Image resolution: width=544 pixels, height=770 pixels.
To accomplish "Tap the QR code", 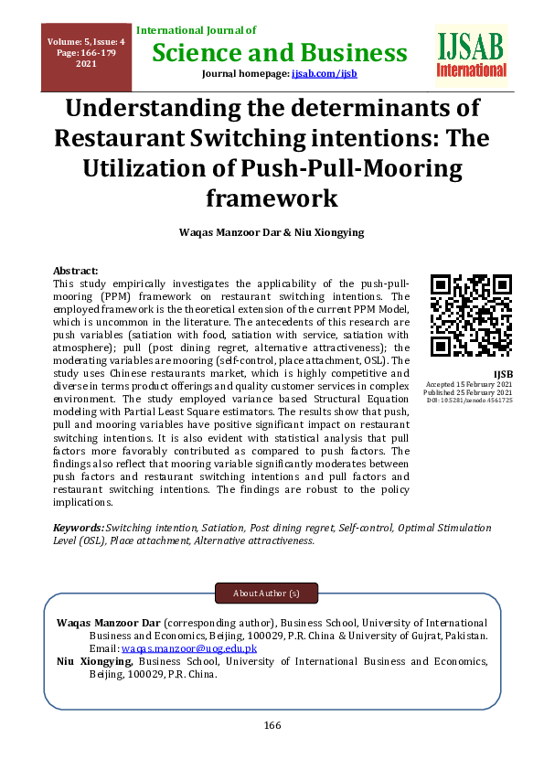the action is click(471, 314).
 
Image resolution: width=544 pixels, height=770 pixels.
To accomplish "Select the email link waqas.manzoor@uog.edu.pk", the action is click(189, 648).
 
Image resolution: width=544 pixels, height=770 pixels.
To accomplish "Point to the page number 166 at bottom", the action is click(272, 725).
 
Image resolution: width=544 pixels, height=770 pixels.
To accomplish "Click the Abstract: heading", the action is click(76, 272).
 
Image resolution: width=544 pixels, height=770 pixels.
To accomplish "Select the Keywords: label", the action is click(79, 528).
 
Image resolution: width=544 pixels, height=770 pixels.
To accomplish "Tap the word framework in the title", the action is click(272, 198).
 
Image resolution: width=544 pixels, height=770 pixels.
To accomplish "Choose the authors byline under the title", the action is click(272, 233).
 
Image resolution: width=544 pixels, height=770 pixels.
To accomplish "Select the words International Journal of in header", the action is click(197, 31).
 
